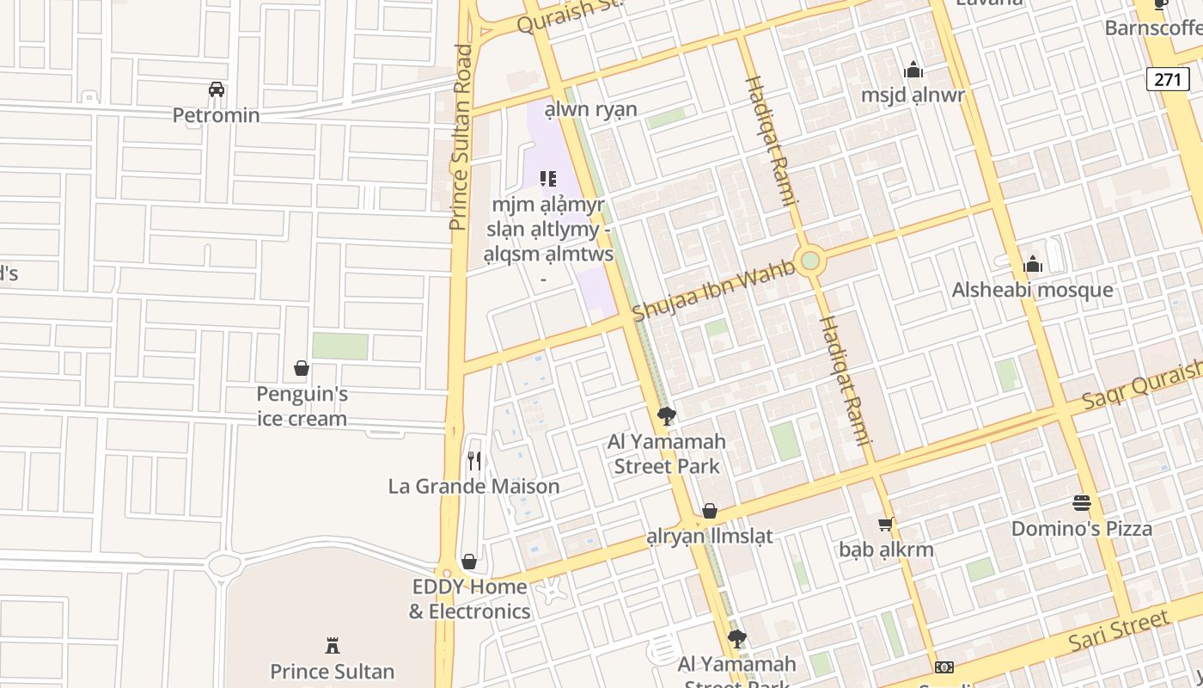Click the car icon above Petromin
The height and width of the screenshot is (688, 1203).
(x=217, y=89)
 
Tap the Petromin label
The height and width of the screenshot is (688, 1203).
(x=217, y=115)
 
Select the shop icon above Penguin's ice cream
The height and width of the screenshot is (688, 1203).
(x=302, y=368)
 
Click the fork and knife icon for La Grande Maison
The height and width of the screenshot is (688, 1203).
(x=473, y=461)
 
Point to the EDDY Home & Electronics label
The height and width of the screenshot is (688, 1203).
(x=469, y=599)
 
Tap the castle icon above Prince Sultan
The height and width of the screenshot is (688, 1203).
(x=332, y=645)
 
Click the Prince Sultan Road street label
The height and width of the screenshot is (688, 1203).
(x=461, y=138)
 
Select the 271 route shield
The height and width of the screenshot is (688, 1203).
(x=1168, y=80)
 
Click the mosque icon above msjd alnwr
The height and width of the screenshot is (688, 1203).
(x=913, y=70)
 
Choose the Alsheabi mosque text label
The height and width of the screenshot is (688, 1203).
(x=1032, y=290)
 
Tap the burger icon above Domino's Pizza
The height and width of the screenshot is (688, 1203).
(x=1081, y=503)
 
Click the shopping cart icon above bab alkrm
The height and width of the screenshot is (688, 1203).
(x=886, y=524)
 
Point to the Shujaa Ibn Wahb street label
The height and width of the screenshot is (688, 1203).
(x=714, y=289)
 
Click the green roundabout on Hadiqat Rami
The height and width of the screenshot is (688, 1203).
(x=809, y=261)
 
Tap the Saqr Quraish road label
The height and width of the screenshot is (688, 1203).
(x=1143, y=384)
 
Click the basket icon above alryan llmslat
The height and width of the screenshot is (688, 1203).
(x=709, y=511)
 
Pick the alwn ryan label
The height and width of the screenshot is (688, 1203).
(x=591, y=110)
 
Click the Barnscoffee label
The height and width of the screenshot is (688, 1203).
(x=1153, y=28)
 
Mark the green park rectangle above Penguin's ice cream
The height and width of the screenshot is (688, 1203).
(x=340, y=346)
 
